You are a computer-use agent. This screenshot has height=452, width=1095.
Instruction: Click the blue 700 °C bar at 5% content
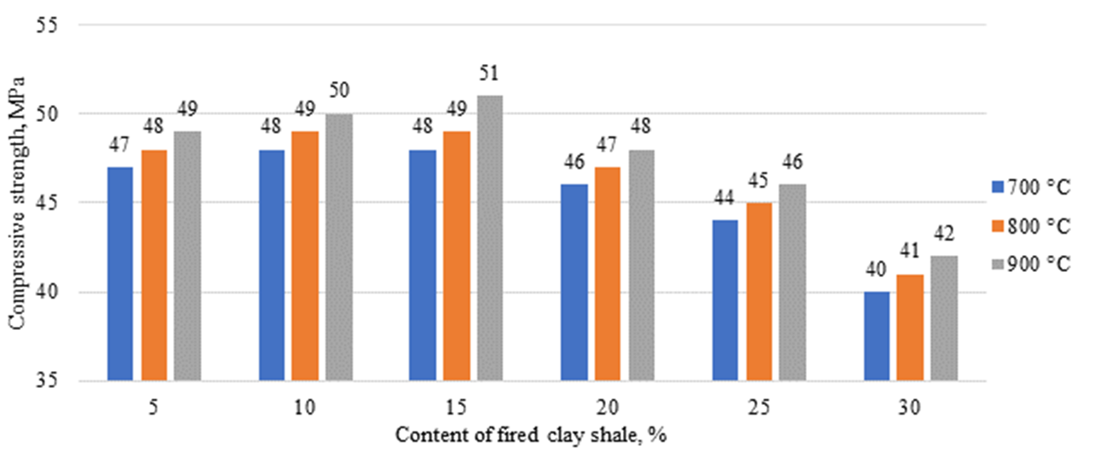pos(120,273)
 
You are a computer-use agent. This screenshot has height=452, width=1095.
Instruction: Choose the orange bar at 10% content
pos(305,255)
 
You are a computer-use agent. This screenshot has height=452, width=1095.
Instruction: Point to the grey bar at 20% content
pos(641,264)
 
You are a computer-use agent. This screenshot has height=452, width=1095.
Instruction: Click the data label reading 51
pos(490,72)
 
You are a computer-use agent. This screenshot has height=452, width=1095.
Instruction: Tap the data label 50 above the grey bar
pos(339,91)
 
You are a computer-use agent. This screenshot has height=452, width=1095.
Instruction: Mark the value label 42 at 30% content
pos(944,234)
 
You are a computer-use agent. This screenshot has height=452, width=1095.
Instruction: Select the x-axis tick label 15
pos(456,407)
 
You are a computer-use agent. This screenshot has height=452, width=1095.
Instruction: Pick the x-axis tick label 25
pos(758,407)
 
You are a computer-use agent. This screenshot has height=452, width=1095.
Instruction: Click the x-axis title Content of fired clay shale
pos(529,434)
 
